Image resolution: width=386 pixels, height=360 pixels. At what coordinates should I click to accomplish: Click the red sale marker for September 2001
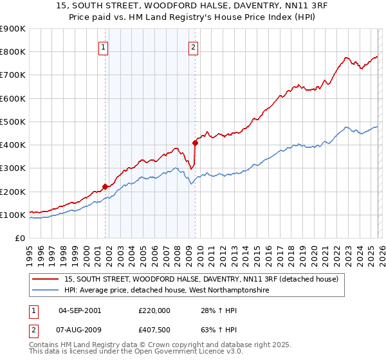point(106,186)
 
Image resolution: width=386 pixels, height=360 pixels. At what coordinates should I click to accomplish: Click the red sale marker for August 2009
point(195,143)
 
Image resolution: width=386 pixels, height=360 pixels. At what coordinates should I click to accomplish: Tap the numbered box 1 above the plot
point(104,46)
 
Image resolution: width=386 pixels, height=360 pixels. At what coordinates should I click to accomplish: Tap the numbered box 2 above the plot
point(193,46)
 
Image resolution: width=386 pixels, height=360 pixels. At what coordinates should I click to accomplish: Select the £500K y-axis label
point(13,122)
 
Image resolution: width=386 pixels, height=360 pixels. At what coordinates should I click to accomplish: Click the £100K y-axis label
point(13,215)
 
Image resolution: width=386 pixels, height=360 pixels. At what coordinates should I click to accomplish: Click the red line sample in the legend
point(46,279)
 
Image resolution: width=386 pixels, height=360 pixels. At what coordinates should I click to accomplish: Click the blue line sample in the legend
point(46,291)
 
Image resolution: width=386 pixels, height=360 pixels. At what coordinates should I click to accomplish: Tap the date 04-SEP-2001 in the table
point(80,310)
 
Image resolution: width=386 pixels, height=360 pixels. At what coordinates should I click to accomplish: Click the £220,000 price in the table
point(154,310)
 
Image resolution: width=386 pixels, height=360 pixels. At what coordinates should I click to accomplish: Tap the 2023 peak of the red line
point(346,57)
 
